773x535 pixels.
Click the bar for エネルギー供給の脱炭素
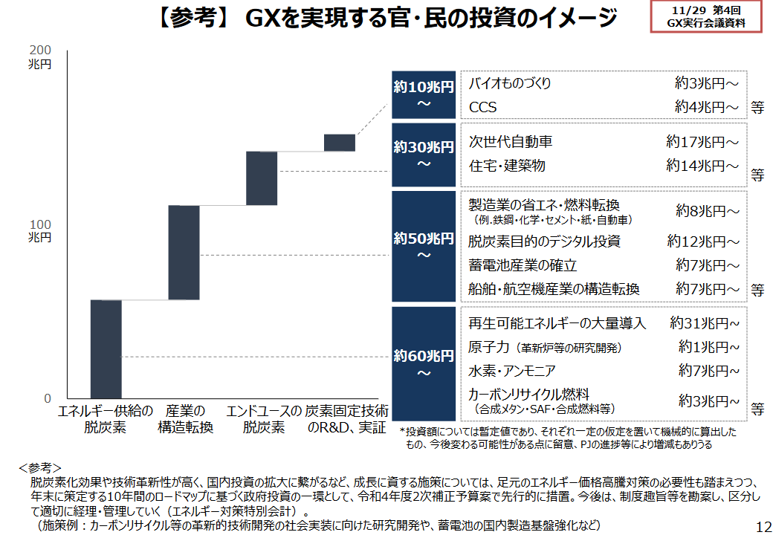click(x=106, y=349)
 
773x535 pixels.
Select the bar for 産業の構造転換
click(x=184, y=252)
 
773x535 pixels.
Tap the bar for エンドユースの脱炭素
click(x=262, y=178)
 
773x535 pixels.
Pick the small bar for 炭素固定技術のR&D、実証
click(x=340, y=142)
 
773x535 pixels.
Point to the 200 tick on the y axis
click(x=42, y=50)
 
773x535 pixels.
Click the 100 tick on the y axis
click(x=42, y=224)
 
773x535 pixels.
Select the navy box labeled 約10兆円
click(x=424, y=94)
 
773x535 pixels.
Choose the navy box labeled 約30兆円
click(x=424, y=155)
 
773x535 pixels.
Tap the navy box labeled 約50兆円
click(x=424, y=247)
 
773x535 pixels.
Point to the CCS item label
click(x=483, y=108)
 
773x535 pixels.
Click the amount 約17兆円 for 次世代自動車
click(x=702, y=141)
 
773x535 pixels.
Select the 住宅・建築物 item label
click(x=507, y=165)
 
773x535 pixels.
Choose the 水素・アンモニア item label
click(x=512, y=370)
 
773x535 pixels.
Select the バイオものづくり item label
click(x=510, y=84)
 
